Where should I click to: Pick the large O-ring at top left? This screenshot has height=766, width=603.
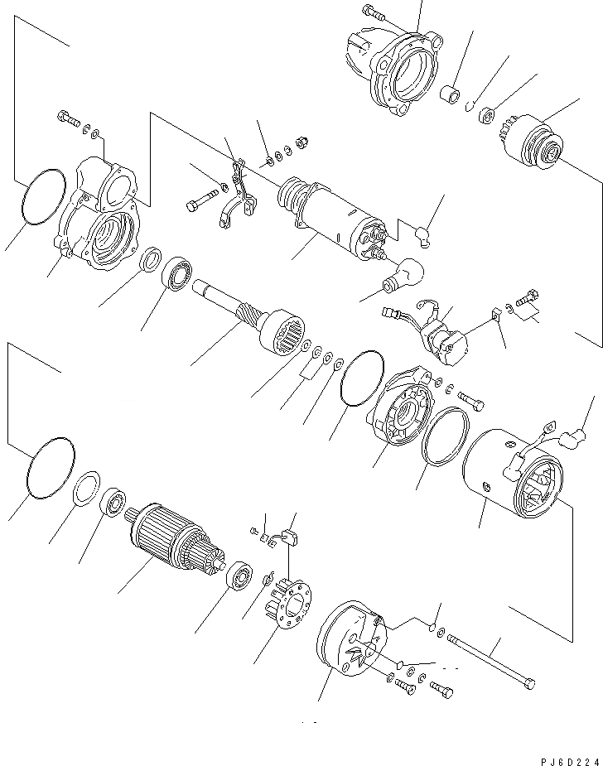click(45, 197)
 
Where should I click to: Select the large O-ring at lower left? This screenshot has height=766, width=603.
click(51, 467)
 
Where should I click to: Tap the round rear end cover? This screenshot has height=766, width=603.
click(348, 642)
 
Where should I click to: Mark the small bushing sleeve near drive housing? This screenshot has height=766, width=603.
click(450, 94)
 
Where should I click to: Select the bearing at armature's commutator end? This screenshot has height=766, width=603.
click(239, 575)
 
